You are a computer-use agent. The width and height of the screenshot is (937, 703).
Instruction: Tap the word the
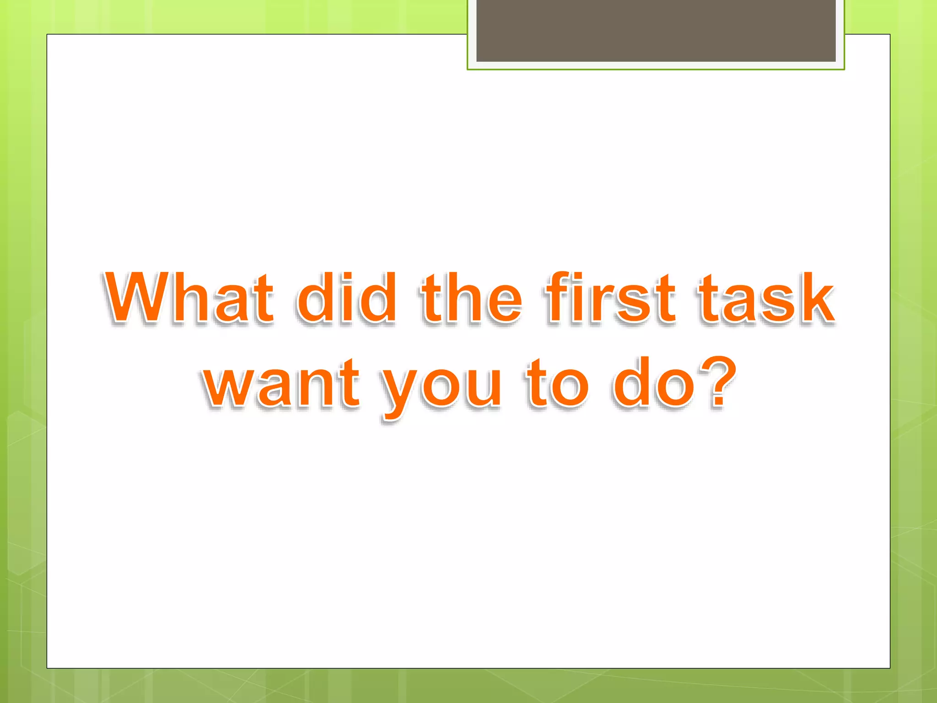click(x=471, y=298)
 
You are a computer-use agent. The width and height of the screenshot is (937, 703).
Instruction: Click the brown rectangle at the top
click(x=656, y=30)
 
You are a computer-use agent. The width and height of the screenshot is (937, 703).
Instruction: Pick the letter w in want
click(x=231, y=387)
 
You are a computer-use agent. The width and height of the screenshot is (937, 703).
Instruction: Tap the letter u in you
click(x=483, y=387)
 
